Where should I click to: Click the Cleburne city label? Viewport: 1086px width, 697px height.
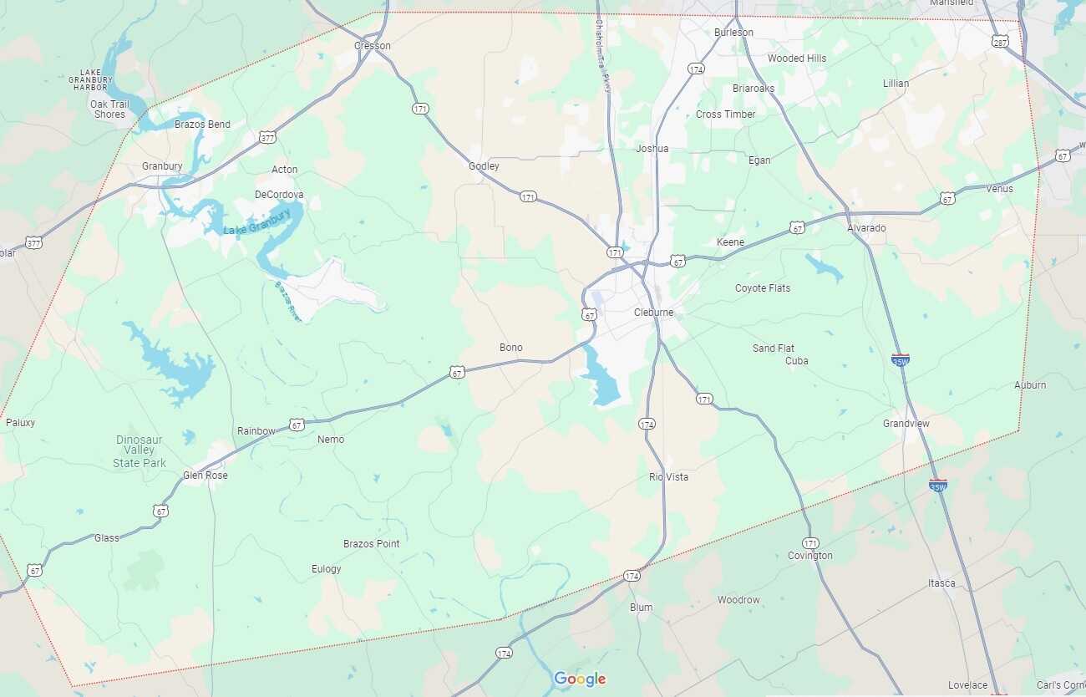click(x=653, y=313)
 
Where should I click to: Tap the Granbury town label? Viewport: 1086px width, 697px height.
click(x=162, y=166)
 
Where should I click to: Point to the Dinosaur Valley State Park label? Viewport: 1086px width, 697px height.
click(x=140, y=451)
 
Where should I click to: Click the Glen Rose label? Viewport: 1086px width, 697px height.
click(x=206, y=476)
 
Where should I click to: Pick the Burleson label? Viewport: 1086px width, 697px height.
click(x=733, y=33)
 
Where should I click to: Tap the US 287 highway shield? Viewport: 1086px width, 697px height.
click(x=1000, y=41)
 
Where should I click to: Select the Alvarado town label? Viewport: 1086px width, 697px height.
click(x=866, y=228)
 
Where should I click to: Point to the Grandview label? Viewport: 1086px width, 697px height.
click(x=906, y=424)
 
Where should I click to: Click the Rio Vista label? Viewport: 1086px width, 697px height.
click(x=669, y=477)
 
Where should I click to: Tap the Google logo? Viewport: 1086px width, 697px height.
click(x=580, y=679)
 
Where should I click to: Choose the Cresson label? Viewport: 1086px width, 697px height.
click(x=373, y=46)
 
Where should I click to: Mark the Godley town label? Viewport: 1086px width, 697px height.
click(x=484, y=166)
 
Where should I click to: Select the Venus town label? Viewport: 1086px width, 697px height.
click(x=999, y=189)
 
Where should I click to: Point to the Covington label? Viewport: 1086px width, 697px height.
click(x=809, y=556)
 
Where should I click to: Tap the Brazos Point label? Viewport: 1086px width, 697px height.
click(x=372, y=544)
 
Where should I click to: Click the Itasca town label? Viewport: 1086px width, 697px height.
click(x=941, y=583)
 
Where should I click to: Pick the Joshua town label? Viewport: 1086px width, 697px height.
click(x=652, y=149)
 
